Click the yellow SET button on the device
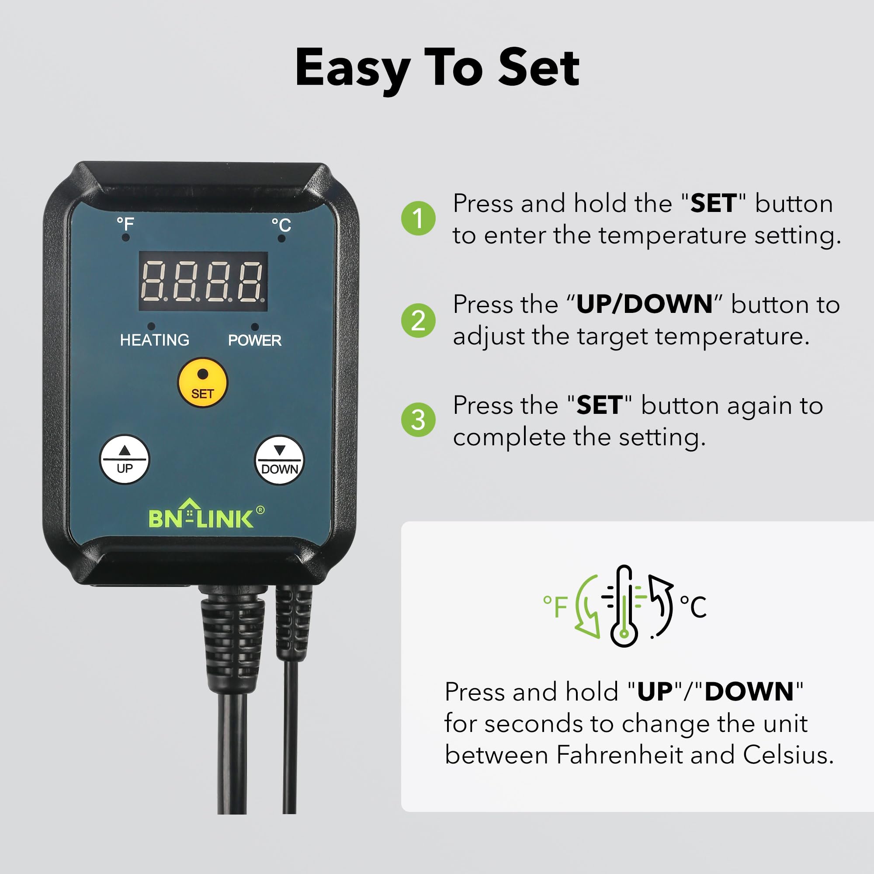pyautogui.click(x=202, y=383)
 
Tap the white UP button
pyautogui.click(x=125, y=460)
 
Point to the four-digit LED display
pyautogui.click(x=203, y=281)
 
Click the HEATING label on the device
pyautogui.click(x=155, y=340)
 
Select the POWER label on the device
pyautogui.click(x=255, y=340)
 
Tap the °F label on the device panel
pyautogui.click(x=125, y=223)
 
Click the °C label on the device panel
pyautogui.click(x=281, y=225)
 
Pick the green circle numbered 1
pyautogui.click(x=418, y=218)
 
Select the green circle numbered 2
pyautogui.click(x=418, y=320)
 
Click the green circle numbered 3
pyautogui.click(x=418, y=420)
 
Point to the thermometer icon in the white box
pyautogui.click(x=624, y=605)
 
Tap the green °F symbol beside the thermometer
pyautogui.click(x=555, y=606)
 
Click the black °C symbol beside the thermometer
pyautogui.click(x=693, y=606)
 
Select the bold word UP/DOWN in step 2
pyautogui.click(x=644, y=304)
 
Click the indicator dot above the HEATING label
pyautogui.click(x=151, y=326)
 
